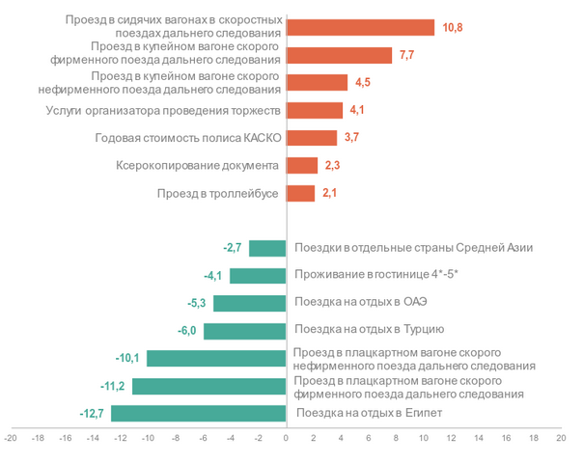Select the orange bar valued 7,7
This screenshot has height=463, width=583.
pos(339,55)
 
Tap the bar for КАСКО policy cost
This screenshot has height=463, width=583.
pos(312,138)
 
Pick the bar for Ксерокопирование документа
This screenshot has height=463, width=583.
pos(302,166)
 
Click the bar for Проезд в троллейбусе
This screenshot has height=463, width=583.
pos(301,194)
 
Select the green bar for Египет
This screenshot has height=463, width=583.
pos(199,414)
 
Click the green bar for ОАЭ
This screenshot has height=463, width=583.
pos(250,304)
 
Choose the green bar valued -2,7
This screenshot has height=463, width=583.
pos(267,249)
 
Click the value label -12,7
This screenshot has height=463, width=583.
pos(93,414)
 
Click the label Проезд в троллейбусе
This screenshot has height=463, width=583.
pos(218,194)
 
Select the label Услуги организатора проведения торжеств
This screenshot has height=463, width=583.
pos(163,110)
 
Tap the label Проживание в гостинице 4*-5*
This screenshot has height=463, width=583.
pos(376,276)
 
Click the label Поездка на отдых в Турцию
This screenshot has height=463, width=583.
pos(371,331)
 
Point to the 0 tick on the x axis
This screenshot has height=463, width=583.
pos(286,438)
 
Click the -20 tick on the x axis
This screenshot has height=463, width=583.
pos(11,438)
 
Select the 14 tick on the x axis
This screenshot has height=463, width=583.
pos(479,438)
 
